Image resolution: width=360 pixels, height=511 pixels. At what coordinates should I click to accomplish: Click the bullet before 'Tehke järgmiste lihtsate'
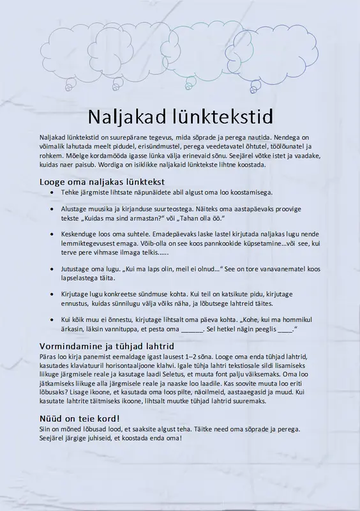[52, 192]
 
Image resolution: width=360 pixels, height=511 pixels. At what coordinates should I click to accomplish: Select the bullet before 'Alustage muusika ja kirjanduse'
[52, 208]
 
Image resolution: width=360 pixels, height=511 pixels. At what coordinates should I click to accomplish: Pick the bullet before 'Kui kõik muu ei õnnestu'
[52, 319]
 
